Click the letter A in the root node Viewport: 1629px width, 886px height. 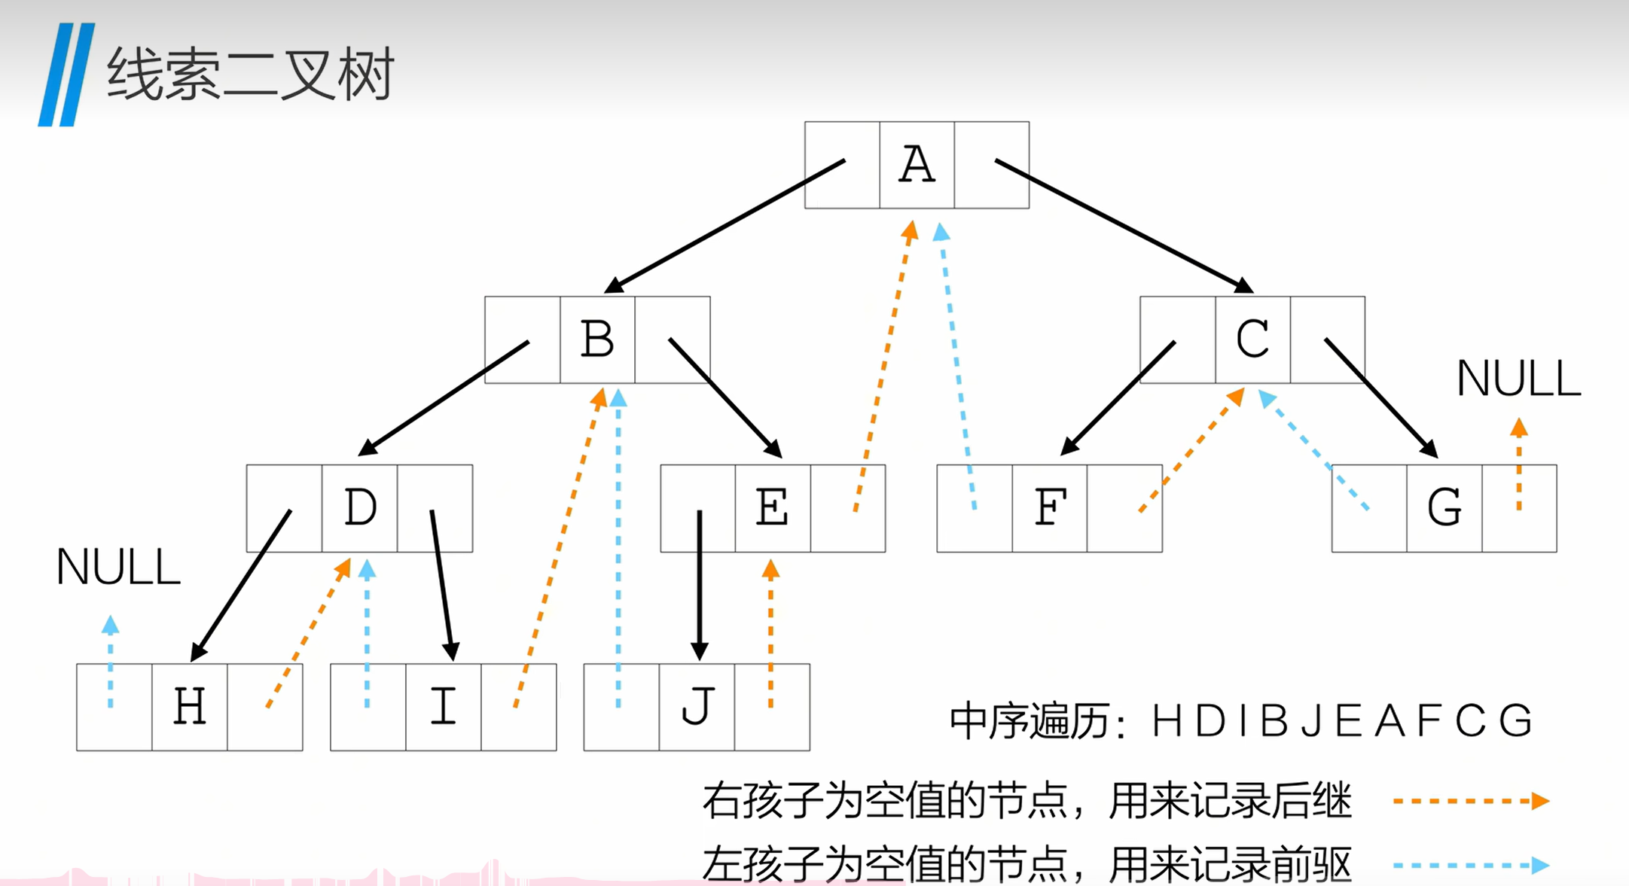coord(917,165)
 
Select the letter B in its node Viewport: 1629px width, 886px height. coord(597,339)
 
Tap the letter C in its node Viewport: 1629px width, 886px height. coord(1252,339)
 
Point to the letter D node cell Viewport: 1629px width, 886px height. coord(360,508)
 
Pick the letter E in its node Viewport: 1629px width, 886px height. coord(773,508)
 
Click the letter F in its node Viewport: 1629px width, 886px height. coord(1050,508)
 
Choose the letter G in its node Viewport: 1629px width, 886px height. coord(1444,508)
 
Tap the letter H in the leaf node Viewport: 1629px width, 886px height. coord(190,707)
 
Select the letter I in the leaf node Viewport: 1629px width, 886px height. coord(444,707)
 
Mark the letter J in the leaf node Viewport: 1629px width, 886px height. coord(697,707)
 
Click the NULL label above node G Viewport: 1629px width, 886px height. coord(1518,379)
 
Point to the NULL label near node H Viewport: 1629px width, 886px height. coord(118,568)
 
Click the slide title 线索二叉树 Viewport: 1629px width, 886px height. coord(250,75)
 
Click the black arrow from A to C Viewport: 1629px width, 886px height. coord(1122,224)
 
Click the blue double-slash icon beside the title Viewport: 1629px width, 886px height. coord(66,75)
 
